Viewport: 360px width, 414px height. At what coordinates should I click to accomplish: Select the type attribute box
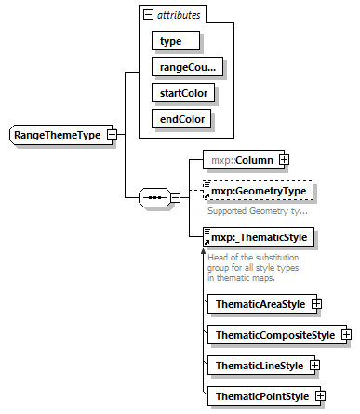[170, 41]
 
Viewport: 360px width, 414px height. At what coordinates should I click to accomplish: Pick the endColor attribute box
[180, 118]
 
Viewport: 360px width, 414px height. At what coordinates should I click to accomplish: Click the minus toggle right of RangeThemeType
[112, 135]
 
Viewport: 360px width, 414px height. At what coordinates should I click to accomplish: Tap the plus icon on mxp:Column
[284, 160]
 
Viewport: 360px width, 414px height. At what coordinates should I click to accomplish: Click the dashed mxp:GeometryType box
[259, 193]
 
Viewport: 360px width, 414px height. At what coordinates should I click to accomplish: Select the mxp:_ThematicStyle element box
[259, 237]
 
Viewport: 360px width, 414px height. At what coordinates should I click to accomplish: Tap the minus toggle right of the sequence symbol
[175, 198]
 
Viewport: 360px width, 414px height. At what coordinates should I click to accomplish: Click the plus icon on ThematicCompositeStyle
[345, 334]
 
